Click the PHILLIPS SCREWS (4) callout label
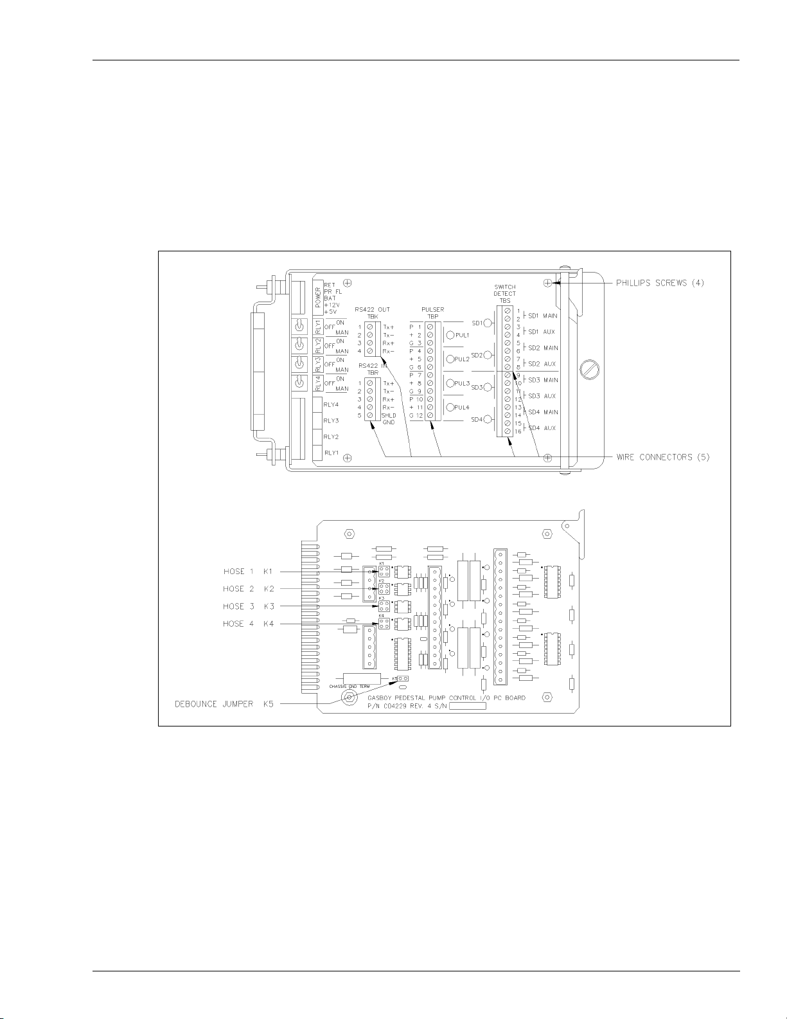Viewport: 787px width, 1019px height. tap(660, 283)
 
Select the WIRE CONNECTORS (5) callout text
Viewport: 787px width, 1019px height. tap(662, 457)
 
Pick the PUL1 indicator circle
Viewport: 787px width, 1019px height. tap(450, 335)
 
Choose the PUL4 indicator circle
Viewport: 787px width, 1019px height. tap(450, 407)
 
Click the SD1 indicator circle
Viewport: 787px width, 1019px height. tap(488, 323)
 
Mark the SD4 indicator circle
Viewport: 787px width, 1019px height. tap(488, 420)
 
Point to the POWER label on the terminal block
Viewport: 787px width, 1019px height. tap(317, 298)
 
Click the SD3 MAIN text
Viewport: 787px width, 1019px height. tap(543, 381)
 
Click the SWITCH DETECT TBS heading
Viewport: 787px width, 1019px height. tap(504, 294)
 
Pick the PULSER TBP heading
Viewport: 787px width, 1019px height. tap(433, 313)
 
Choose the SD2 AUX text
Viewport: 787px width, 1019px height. tap(542, 365)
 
